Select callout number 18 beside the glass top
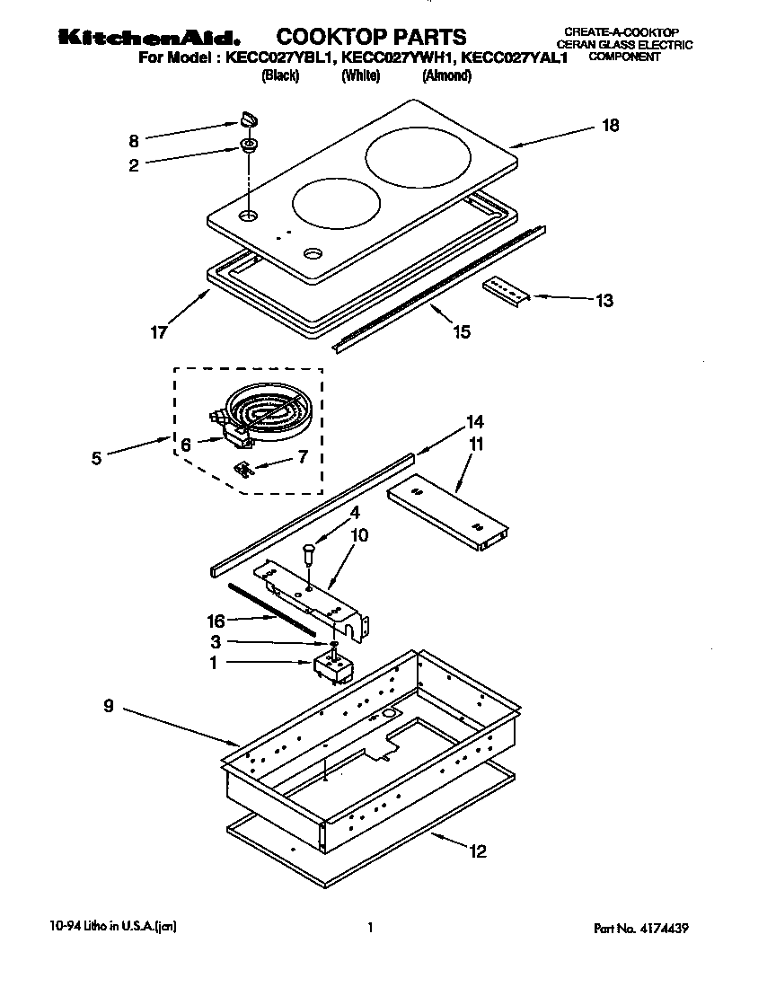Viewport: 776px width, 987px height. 610,126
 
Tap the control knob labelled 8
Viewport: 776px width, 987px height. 248,117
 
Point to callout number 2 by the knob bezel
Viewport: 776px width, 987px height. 134,165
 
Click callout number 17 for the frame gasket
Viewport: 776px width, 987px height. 157,331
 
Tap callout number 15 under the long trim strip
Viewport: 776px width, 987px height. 461,332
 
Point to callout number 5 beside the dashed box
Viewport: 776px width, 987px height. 96,456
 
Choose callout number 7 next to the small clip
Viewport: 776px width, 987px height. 302,456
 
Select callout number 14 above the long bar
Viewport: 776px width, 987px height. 474,421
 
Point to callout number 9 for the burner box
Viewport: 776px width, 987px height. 108,707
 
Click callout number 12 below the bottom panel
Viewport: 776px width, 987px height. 478,850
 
